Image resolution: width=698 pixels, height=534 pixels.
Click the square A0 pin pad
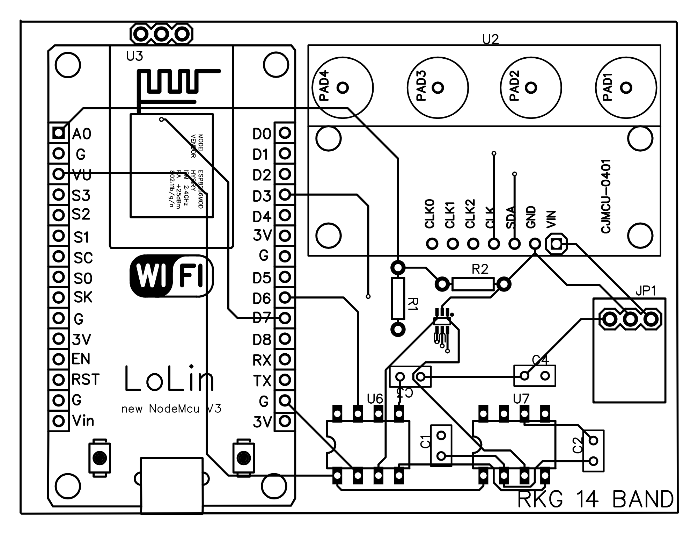pos(58,133)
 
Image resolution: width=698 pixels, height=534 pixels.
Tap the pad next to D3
pos(285,194)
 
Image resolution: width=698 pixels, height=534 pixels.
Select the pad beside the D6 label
pos(285,297)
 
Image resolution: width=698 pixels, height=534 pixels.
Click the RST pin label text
pos(86,380)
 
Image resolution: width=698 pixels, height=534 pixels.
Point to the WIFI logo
pos(171,276)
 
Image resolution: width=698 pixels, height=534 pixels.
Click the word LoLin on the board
pos(169,379)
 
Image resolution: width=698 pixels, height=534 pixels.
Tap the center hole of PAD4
pos(343,87)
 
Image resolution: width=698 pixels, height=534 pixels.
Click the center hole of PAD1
pos(626,87)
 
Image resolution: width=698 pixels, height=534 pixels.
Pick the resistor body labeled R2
pos(473,284)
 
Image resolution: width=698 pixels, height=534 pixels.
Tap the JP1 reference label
pos(646,291)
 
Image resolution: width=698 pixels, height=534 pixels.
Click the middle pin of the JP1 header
pos(630,319)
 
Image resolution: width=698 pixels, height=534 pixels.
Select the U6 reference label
pos(375,398)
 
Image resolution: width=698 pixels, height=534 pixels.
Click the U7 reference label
pos(521,398)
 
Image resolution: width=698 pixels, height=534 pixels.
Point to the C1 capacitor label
pos(425,442)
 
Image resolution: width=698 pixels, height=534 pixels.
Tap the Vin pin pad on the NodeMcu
pos(58,420)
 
